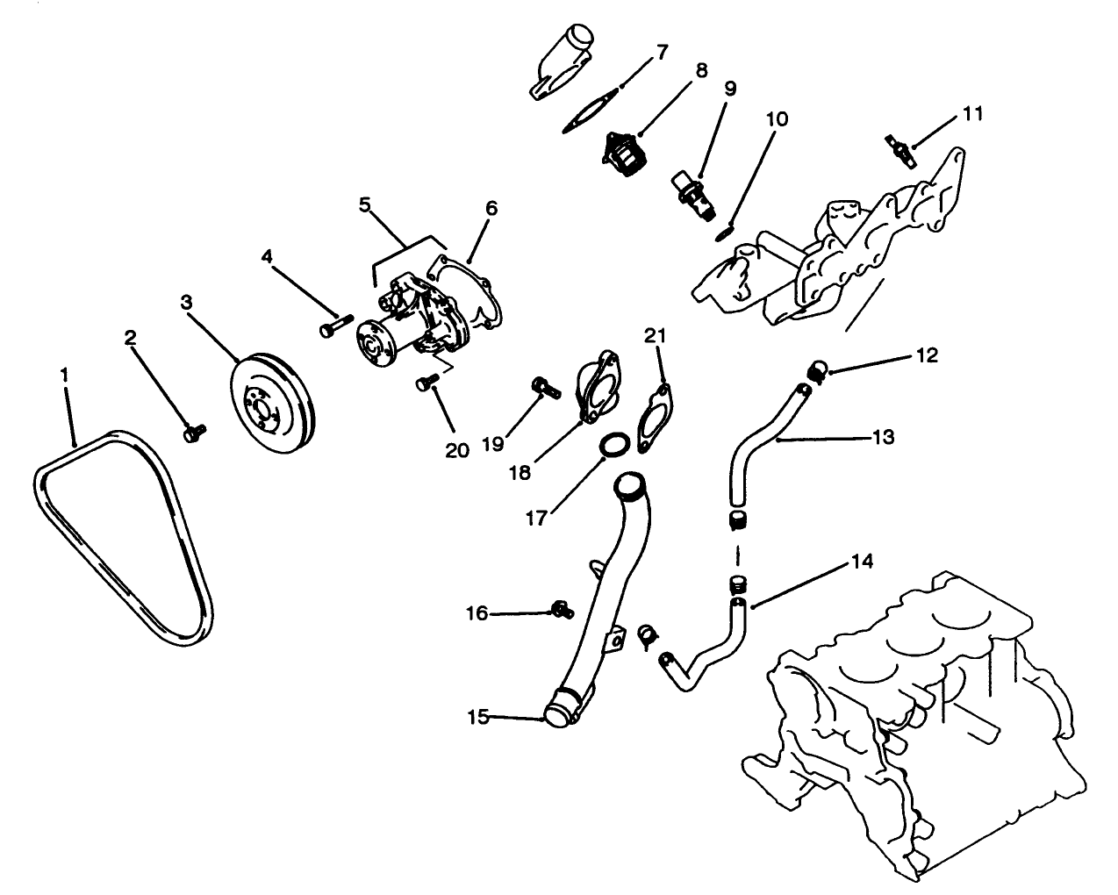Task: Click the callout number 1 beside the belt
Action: (64, 375)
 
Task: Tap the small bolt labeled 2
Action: (194, 432)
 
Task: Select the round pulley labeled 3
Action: (269, 404)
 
